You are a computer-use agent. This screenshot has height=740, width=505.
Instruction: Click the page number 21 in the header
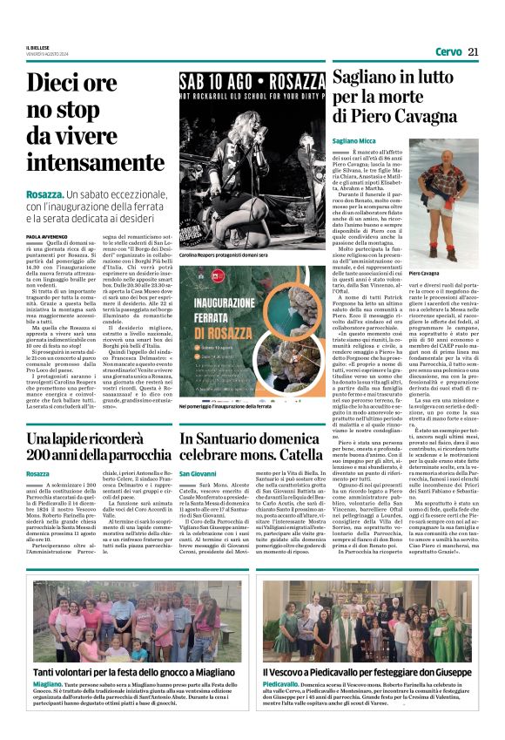[473, 51]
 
